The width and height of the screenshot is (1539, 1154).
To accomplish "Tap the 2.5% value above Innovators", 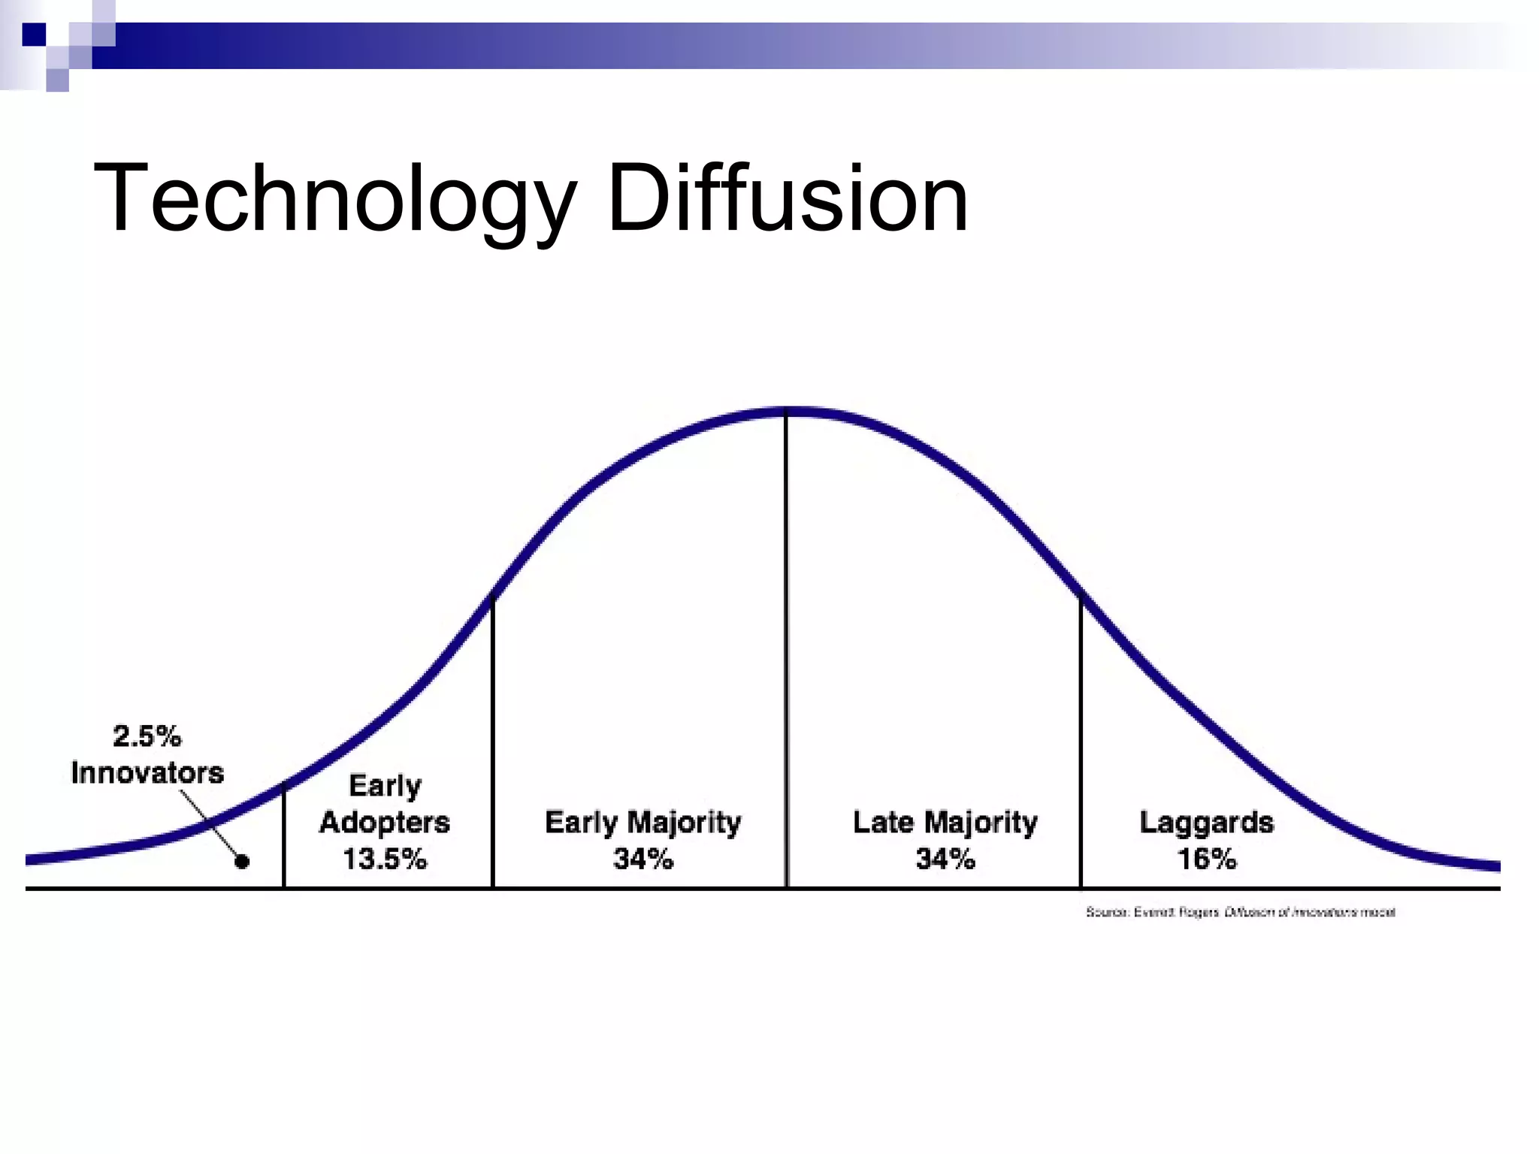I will click(x=147, y=736).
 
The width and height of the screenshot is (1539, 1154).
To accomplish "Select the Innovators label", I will click(x=147, y=773).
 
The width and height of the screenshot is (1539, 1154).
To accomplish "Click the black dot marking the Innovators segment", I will click(x=242, y=862).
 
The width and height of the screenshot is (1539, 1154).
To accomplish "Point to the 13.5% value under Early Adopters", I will click(x=385, y=859).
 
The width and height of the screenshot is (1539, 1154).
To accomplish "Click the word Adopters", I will click(x=385, y=823).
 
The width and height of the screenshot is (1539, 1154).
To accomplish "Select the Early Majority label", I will click(x=643, y=823).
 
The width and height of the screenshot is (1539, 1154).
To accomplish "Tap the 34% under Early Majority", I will click(x=643, y=859).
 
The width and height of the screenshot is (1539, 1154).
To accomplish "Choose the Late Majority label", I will click(x=945, y=823).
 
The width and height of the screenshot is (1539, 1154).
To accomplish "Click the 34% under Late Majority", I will click(x=945, y=859).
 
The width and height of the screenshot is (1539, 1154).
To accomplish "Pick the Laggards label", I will click(x=1206, y=823).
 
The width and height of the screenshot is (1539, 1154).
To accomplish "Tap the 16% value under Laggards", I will click(x=1206, y=859).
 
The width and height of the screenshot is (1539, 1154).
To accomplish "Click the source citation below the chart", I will click(x=1240, y=912).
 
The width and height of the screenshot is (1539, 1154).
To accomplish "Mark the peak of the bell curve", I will click(x=787, y=411).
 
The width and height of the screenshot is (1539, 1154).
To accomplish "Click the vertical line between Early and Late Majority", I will click(x=787, y=646).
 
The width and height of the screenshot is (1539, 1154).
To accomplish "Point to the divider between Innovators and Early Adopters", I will click(x=284, y=834).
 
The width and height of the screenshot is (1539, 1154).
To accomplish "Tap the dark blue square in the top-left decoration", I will click(x=34, y=35).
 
